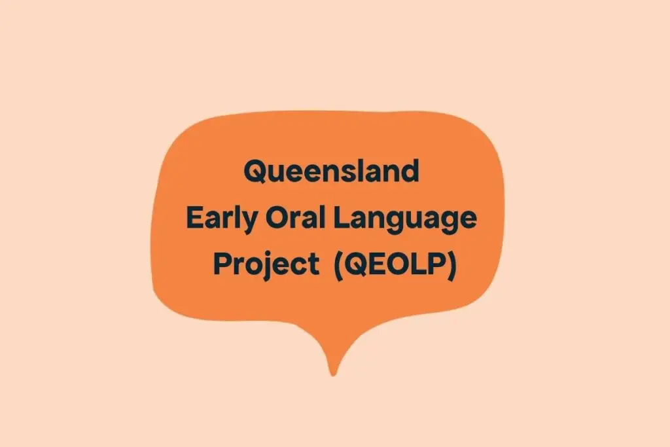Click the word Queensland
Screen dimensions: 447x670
tap(331, 172)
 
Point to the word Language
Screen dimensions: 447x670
tap(405, 220)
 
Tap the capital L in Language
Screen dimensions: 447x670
tap(340, 219)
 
